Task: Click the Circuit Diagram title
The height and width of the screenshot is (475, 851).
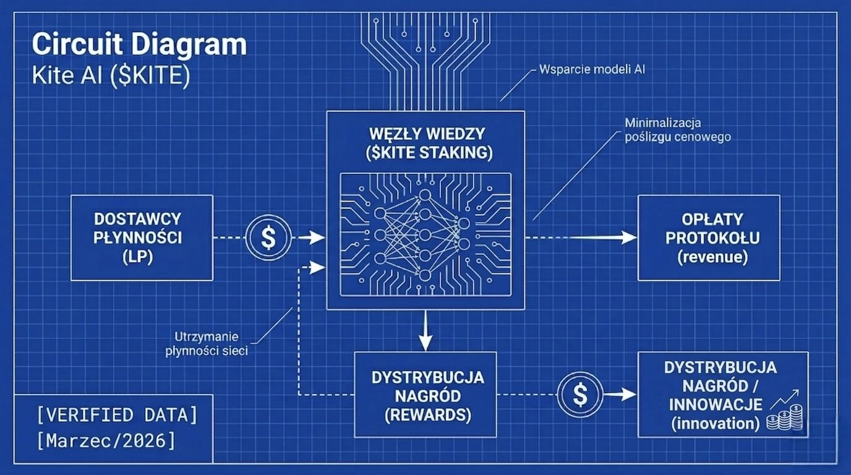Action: point(139,45)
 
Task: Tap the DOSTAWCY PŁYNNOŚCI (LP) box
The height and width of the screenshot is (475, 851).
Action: point(142,237)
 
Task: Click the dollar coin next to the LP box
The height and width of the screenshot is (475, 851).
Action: point(268,237)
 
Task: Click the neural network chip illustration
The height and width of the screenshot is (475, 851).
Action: point(426,235)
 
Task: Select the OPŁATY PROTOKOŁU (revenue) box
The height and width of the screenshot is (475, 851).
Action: point(709,237)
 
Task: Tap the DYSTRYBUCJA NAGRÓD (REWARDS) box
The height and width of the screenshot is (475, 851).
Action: point(426,395)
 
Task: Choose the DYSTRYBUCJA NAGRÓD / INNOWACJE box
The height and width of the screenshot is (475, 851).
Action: point(722,395)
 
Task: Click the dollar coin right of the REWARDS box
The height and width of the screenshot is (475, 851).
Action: point(580,395)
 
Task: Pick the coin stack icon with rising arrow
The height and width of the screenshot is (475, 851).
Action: point(784,412)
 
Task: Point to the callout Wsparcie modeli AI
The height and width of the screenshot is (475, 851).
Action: point(592,69)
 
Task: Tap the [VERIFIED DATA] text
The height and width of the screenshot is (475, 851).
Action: point(117,414)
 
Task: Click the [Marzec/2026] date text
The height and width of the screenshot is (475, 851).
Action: point(106,440)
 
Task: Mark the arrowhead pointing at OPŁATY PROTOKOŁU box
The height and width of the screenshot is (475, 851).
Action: point(629,237)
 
